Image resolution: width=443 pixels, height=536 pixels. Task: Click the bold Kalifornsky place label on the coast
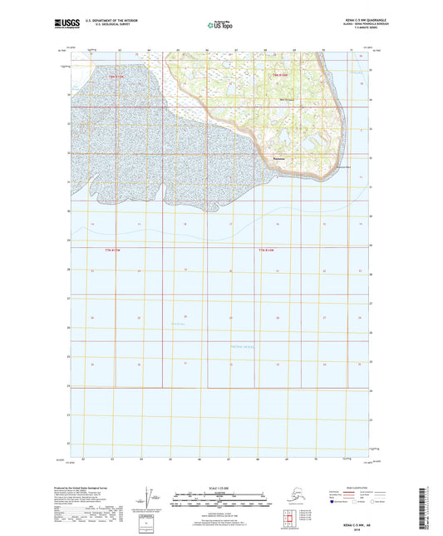279,158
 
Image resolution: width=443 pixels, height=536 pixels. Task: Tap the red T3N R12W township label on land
280,77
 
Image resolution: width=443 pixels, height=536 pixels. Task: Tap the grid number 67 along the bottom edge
237,458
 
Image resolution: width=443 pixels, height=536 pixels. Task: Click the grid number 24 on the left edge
68,385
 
